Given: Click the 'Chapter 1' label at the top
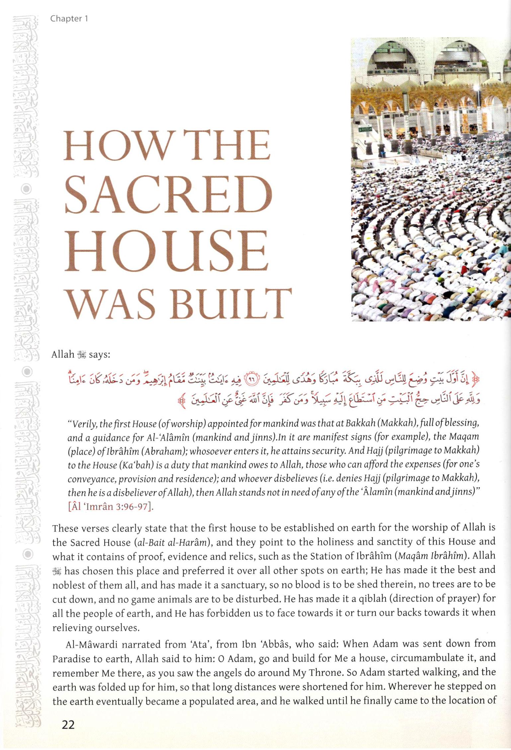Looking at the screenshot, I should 69,19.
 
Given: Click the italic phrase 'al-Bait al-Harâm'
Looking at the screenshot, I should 161,542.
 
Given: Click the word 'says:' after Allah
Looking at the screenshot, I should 99,354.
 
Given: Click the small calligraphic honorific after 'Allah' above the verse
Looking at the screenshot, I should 81,355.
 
